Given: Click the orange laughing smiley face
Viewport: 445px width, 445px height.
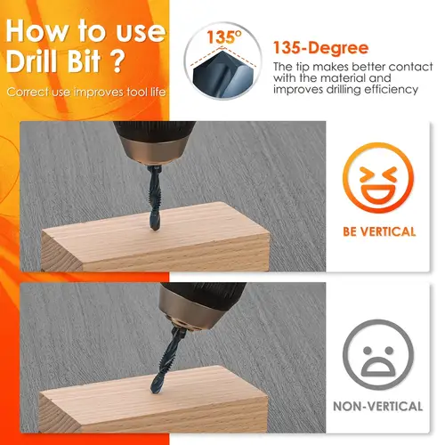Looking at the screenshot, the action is (378, 178).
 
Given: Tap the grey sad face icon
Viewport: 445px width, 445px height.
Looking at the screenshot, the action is (378, 354).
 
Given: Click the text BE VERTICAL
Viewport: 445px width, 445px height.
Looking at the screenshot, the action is (379, 231).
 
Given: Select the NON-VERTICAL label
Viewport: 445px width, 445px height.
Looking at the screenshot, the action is (378, 406).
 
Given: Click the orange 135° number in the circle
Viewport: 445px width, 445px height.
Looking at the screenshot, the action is (224, 37).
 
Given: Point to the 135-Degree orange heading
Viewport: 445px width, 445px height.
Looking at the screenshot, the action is (320, 48).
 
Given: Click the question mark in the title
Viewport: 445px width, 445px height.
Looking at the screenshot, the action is (117, 61).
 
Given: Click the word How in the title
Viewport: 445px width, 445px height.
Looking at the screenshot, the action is (36, 31).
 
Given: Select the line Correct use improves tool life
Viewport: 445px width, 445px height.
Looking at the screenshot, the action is (86, 92).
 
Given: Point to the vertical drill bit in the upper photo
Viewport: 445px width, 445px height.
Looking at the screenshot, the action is (154, 198).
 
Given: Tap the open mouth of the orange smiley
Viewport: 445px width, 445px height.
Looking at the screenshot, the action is (378, 193).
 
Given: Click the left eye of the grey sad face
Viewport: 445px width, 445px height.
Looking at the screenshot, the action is (368, 351).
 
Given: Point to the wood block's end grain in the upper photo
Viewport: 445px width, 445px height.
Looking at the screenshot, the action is (61, 252).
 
